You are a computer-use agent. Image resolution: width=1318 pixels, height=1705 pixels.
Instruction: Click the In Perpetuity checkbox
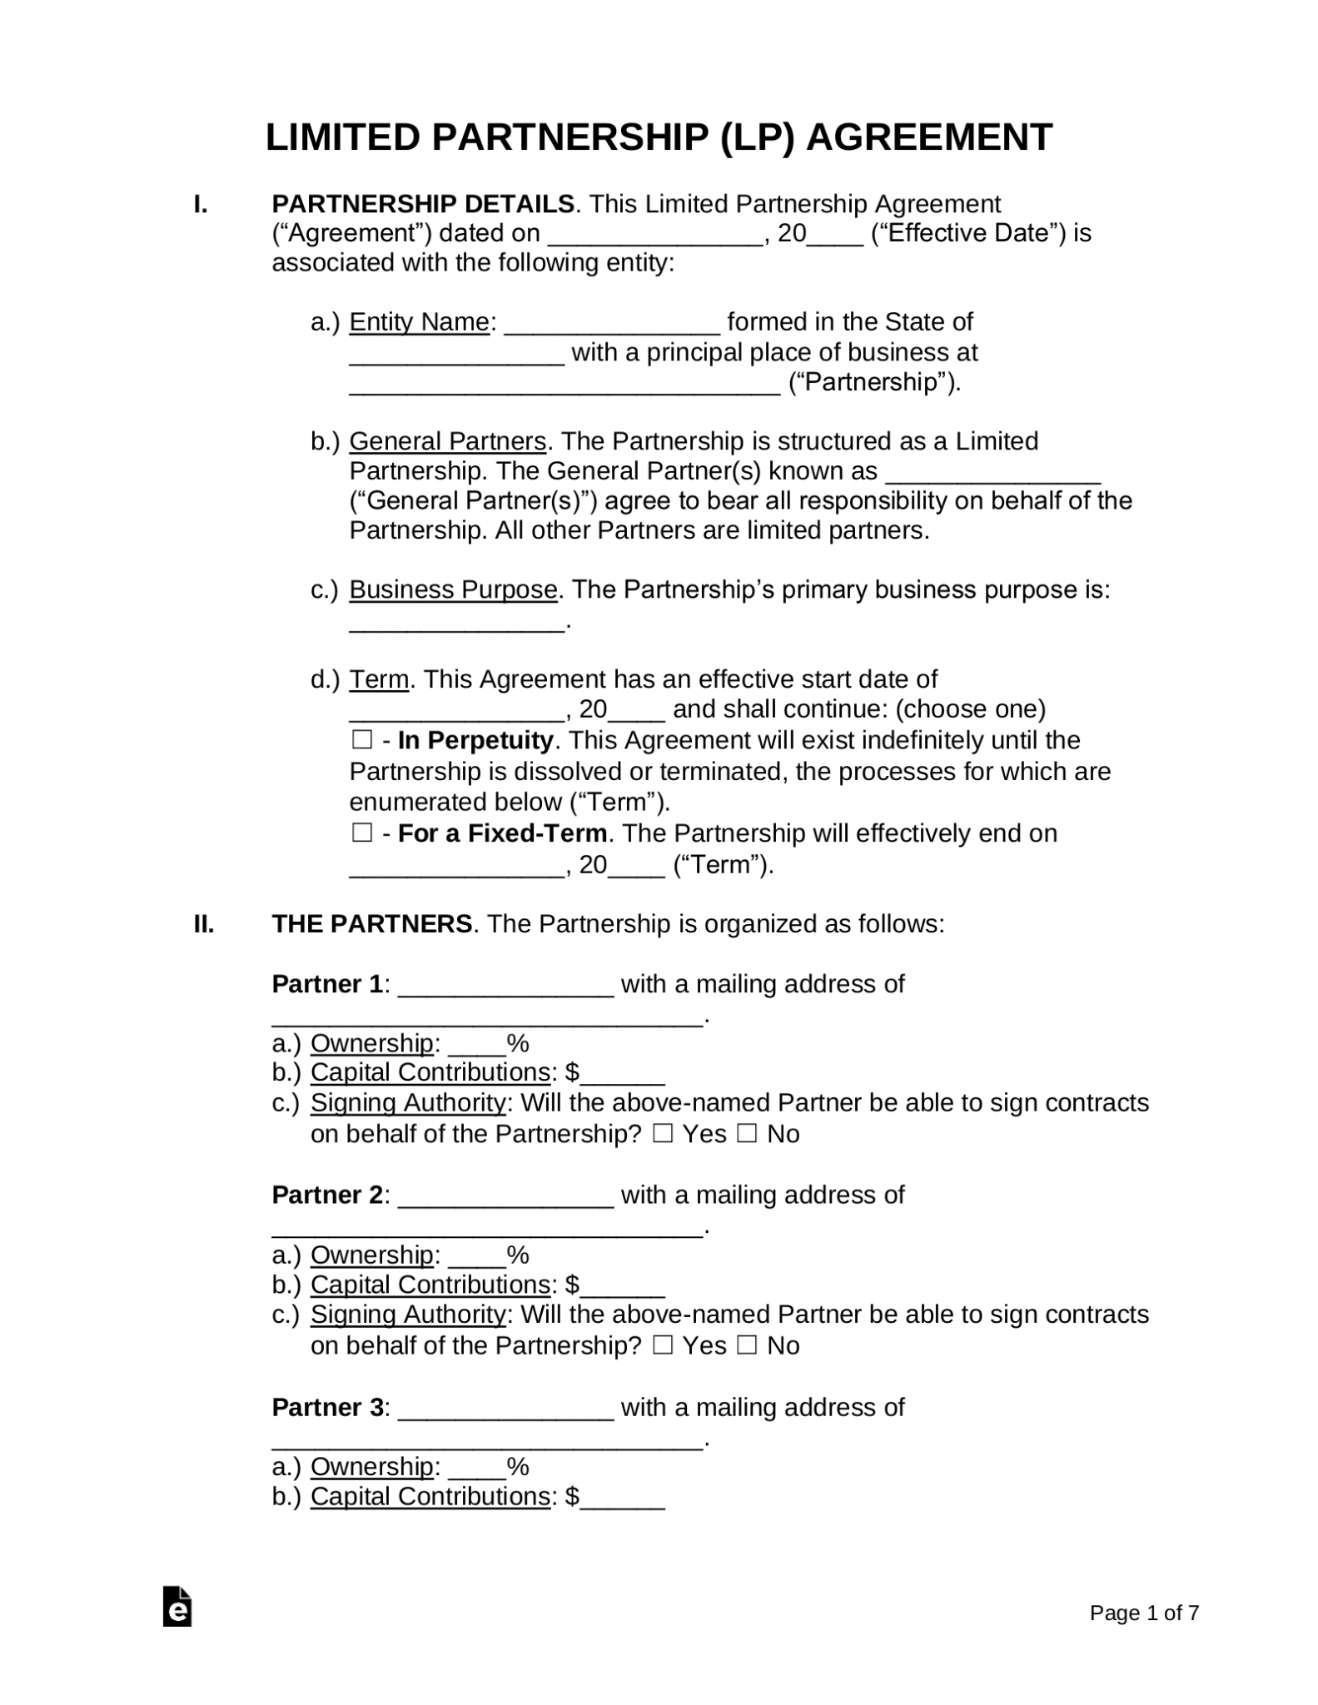(361, 740)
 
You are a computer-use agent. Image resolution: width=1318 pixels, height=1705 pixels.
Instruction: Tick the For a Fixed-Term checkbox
(361, 833)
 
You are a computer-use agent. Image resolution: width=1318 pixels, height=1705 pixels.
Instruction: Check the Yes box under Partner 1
(663, 1134)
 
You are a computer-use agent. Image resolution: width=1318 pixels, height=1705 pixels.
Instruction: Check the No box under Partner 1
(747, 1134)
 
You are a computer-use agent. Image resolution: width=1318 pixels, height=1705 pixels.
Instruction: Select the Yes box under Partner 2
(663, 1345)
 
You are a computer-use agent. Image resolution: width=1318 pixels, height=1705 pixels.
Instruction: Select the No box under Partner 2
(747, 1345)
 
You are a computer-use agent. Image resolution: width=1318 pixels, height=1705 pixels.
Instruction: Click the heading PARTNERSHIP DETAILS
(423, 204)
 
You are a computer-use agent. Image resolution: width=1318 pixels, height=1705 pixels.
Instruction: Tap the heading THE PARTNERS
(371, 924)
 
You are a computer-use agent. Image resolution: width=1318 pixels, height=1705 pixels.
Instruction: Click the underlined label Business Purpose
(453, 589)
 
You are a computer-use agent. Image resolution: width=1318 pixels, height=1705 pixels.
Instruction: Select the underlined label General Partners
(447, 440)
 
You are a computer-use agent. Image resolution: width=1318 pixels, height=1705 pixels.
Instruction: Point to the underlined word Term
(379, 679)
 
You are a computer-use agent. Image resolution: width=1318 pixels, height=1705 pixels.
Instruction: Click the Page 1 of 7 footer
(1144, 1613)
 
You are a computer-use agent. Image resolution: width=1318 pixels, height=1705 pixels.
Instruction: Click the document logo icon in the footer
(177, 1607)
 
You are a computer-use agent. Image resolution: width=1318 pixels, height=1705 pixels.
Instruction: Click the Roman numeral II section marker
(204, 924)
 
